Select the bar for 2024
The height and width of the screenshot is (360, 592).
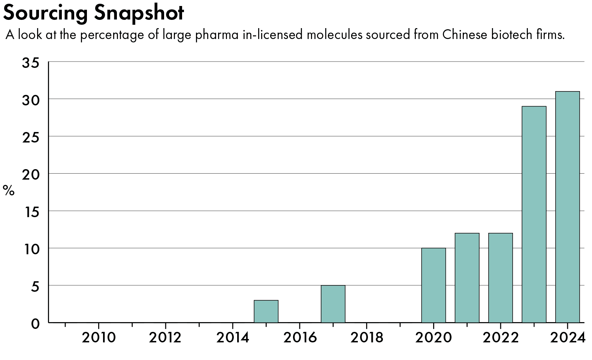click(x=567, y=207)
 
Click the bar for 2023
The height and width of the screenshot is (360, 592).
click(x=534, y=214)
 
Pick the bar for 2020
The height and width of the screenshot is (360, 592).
click(x=434, y=285)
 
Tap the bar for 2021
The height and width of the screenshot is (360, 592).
click(x=467, y=278)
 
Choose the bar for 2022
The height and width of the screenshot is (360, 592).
click(x=501, y=278)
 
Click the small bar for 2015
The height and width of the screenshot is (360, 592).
click(x=266, y=311)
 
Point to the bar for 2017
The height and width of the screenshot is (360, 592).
click(x=333, y=304)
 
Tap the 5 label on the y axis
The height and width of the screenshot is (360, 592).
click(x=35, y=286)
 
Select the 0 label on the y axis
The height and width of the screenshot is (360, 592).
click(x=35, y=324)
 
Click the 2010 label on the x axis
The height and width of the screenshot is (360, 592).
click(x=99, y=338)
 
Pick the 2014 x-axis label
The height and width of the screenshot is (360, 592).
click(x=233, y=338)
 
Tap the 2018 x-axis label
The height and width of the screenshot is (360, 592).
click(x=367, y=338)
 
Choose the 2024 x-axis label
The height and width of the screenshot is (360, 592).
click(x=567, y=338)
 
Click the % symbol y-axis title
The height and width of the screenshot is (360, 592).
click(x=9, y=190)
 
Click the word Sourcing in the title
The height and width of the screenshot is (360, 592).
click(x=46, y=13)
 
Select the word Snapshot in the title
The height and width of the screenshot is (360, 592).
click(x=139, y=13)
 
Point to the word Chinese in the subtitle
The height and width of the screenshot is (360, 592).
click(x=465, y=35)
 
